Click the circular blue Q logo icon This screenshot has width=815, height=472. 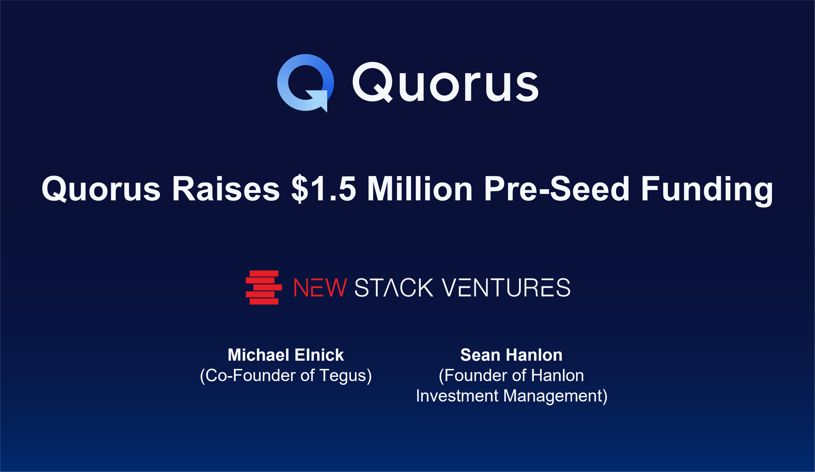coord(305,83)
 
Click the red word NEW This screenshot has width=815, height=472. coord(320,288)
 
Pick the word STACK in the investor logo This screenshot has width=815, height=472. coord(394,288)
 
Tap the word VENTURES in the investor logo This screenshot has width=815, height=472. coord(506,288)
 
